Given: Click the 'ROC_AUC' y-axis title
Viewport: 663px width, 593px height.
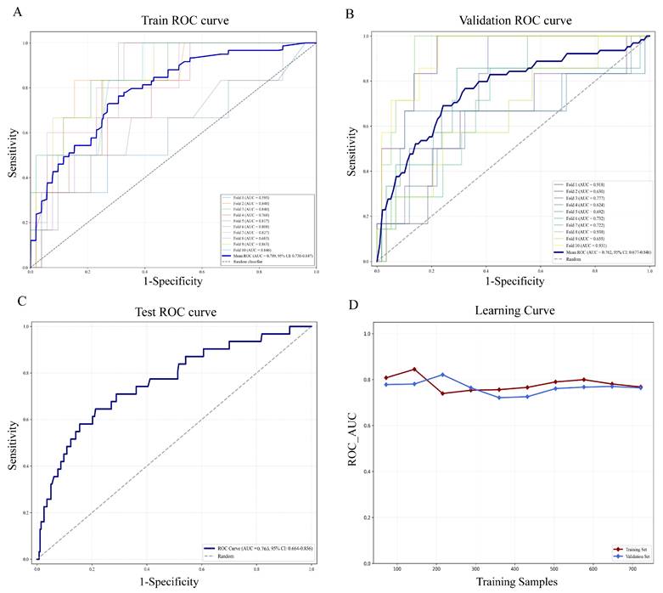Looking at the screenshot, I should [353, 448].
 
